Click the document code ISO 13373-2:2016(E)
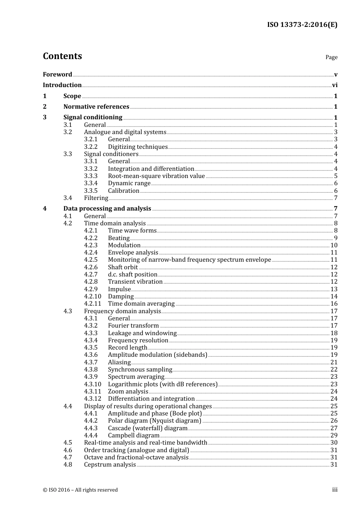302,25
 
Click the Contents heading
62,56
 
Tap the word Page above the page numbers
331,57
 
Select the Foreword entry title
57,75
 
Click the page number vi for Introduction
335,85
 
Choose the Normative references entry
96,107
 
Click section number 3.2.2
91,147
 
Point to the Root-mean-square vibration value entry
156,176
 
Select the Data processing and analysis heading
107,209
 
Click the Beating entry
119,238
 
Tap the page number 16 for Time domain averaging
334,304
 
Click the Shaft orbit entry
123,267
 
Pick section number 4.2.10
93,297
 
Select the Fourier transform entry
133,326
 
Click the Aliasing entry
119,362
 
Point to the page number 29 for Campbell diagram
334,436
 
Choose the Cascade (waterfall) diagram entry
148,428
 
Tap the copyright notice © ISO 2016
80,490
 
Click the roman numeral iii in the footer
335,490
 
